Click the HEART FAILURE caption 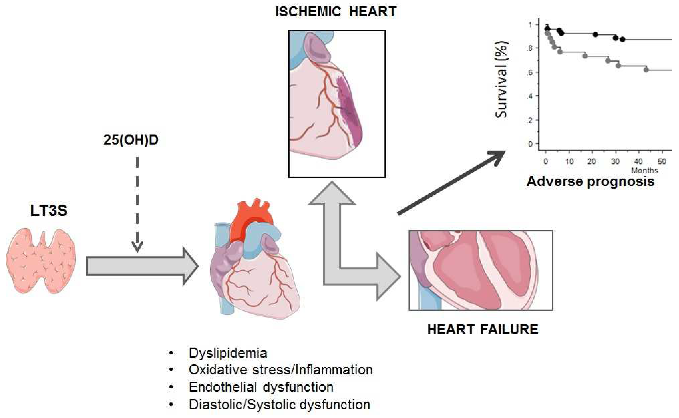[x=483, y=329]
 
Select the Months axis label [x=644, y=170]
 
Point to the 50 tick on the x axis [x=662, y=161]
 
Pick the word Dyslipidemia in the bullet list [x=228, y=353]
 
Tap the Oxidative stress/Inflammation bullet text [x=280, y=370]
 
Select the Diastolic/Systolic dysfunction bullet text [x=279, y=404]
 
